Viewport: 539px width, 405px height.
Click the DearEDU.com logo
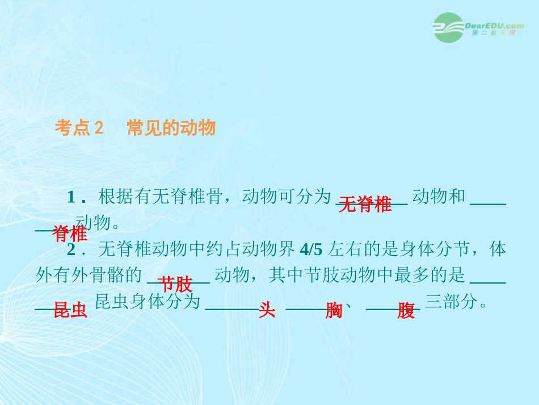tap(479, 27)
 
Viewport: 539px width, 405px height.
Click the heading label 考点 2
tap(79, 128)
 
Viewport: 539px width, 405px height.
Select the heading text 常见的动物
tap(171, 128)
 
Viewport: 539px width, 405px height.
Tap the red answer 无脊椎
tap(365, 204)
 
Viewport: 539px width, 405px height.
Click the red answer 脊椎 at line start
tap(69, 233)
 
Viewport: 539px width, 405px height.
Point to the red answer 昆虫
tap(70, 310)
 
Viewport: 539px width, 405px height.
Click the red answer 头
tap(267, 310)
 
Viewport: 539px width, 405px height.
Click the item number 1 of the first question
tap(71, 197)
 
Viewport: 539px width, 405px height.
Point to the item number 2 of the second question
tap(71, 249)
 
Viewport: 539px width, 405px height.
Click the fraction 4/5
tap(311, 249)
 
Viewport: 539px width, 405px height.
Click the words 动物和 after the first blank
tap(439, 197)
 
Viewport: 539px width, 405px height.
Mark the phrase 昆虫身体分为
tap(148, 302)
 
